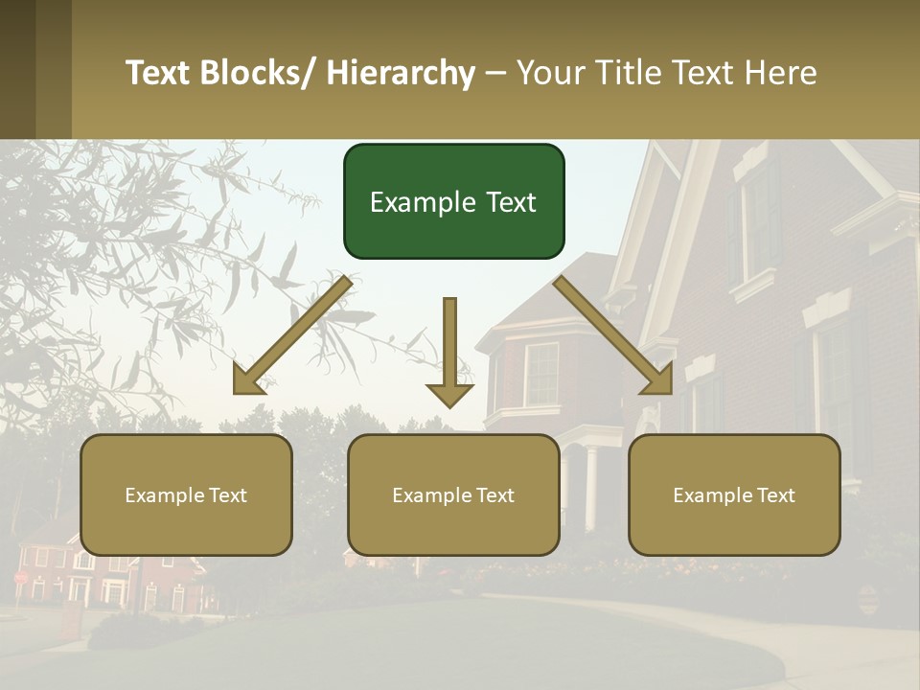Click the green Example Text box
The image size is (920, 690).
(453, 201)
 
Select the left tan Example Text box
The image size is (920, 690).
(186, 494)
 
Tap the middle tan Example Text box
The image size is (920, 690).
(453, 494)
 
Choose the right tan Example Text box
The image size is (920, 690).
(734, 494)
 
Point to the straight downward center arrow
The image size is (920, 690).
(449, 350)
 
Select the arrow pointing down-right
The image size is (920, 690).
(613, 335)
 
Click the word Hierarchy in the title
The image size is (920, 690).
(402, 73)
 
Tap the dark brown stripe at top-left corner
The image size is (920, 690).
(17, 69)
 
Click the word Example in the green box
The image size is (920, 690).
(413, 202)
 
